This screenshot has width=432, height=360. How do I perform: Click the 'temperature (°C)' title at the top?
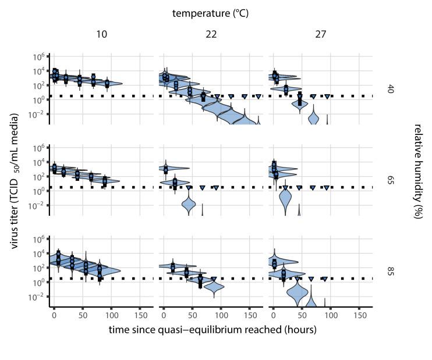click(x=210, y=12)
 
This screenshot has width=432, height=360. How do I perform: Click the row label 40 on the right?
click(x=391, y=88)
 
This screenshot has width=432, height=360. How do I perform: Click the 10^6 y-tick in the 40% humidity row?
click(x=40, y=56)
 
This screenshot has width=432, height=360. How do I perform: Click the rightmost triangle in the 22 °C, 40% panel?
click(x=258, y=97)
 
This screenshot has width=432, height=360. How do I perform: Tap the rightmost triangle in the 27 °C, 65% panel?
click(x=327, y=188)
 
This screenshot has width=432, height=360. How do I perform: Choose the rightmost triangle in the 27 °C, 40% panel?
click(x=327, y=97)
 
